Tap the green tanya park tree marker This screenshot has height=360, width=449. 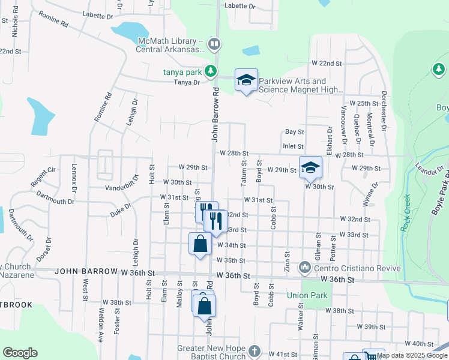pyautogui.click(x=210, y=71)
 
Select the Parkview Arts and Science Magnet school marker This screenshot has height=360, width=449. pyautogui.click(x=246, y=80)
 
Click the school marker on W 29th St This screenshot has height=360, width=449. pyautogui.click(x=310, y=167)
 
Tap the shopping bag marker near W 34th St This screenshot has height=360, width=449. pyautogui.click(x=200, y=244)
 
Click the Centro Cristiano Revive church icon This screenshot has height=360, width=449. pyautogui.click(x=305, y=267)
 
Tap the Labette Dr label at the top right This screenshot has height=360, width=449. pyautogui.click(x=240, y=5)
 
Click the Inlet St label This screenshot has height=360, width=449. pyautogui.click(x=293, y=146)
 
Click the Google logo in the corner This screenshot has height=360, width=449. pyautogui.click(x=20, y=353)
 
